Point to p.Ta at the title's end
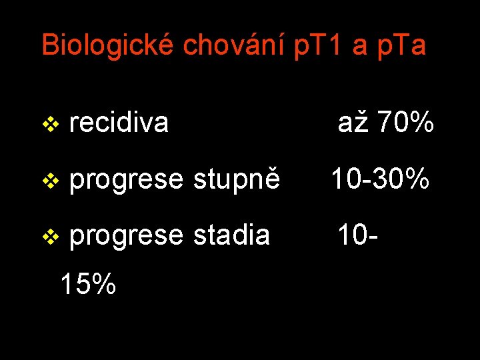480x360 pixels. (401, 45)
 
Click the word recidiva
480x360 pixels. (119, 123)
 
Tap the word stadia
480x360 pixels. (232, 235)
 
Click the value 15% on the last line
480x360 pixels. (88, 283)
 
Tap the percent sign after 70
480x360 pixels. (421, 123)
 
